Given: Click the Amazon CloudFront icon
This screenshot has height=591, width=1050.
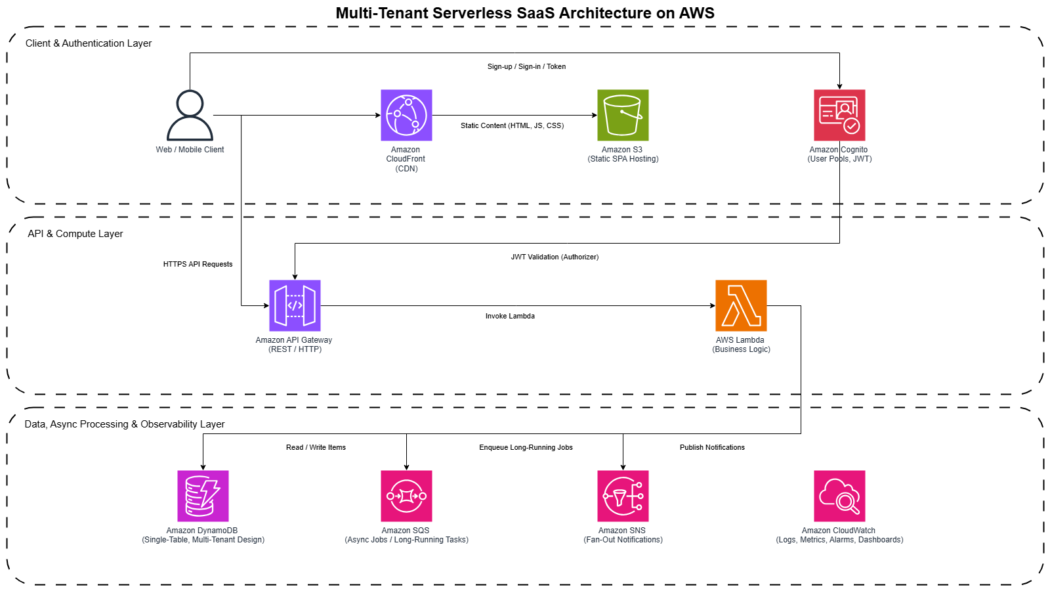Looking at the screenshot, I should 406,116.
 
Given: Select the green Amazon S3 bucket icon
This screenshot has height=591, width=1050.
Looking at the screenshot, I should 623,116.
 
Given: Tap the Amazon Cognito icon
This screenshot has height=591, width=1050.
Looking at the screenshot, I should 839,116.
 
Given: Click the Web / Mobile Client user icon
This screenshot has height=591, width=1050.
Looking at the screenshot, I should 190,116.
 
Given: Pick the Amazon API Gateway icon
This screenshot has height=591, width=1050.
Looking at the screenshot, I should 295,306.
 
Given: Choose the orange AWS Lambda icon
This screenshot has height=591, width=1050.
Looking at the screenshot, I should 741,306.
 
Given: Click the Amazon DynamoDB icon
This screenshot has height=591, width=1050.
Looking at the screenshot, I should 203,496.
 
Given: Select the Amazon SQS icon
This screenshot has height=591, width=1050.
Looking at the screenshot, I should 406,496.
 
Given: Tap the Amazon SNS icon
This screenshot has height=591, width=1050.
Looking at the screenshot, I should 623,496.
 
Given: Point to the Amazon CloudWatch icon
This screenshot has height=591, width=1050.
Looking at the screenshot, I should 839,496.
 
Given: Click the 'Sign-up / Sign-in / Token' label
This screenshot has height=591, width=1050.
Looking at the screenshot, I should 526,67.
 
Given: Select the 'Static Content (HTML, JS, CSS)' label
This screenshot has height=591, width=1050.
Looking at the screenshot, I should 512,126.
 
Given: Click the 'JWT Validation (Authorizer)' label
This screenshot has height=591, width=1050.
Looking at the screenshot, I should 555,257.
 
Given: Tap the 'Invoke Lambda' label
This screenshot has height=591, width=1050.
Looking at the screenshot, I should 510,317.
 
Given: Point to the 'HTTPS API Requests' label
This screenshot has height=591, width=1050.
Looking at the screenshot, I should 198,265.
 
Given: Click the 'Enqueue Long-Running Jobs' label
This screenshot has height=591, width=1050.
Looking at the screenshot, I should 526,448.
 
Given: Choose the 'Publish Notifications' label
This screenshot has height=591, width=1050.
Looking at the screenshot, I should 712,448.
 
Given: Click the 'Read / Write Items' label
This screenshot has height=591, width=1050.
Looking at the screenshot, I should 316,448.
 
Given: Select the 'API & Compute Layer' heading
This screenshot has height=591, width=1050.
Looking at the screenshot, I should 75,234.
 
